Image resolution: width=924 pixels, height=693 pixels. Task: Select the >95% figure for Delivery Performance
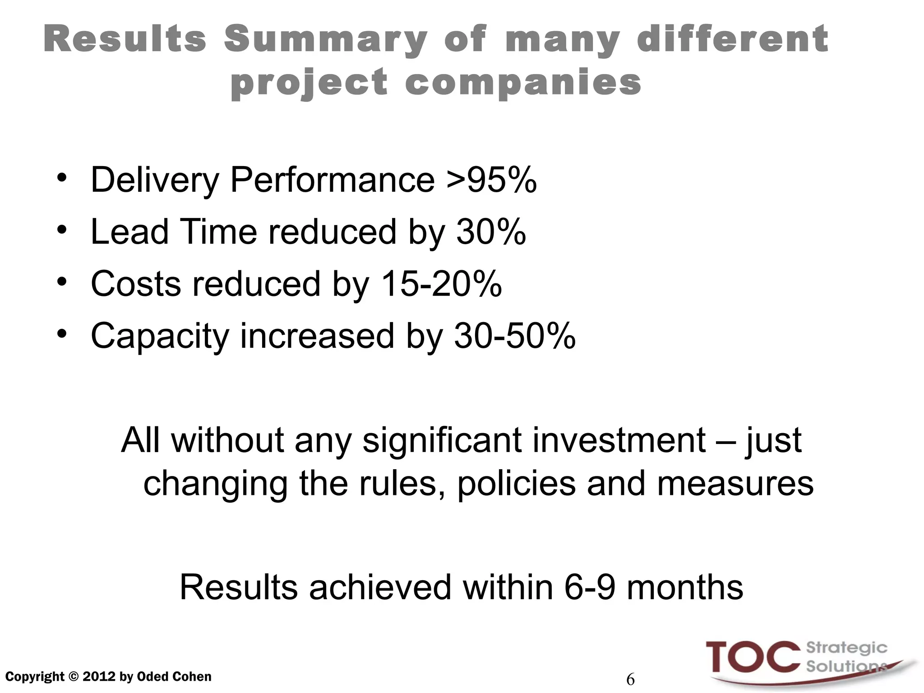tap(491, 180)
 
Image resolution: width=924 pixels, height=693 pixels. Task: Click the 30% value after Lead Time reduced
tap(491, 232)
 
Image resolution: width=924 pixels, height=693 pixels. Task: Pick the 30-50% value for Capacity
tap(515, 336)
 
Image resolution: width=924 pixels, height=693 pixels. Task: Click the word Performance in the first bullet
tap(333, 180)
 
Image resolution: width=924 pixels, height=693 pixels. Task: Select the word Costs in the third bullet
tap(136, 284)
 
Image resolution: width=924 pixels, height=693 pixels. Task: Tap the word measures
tap(735, 484)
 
